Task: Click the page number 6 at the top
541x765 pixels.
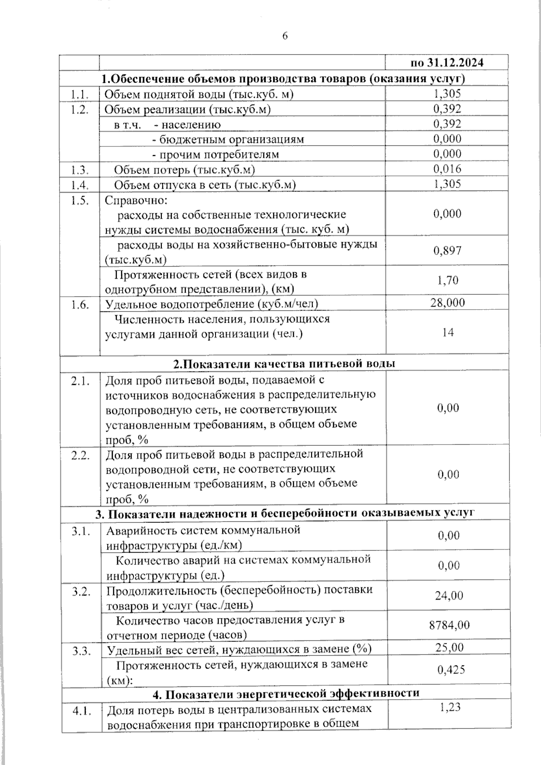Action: point(285,37)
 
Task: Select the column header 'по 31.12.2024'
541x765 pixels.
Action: point(447,63)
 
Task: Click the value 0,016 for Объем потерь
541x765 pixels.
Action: point(447,169)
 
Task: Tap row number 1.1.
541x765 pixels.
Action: point(79,94)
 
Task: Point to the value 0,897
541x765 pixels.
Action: point(447,251)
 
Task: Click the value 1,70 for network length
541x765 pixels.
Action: point(447,280)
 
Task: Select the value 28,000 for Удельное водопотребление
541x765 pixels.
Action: point(447,302)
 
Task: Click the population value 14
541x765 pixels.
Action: point(448,333)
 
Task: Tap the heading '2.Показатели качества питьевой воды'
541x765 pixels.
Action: point(284,364)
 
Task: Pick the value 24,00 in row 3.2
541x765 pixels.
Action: point(449,596)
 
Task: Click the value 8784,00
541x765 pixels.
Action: point(449,625)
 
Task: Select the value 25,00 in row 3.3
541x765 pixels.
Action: point(449,648)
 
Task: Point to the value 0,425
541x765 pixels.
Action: point(450,670)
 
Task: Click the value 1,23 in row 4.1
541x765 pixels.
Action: point(449,707)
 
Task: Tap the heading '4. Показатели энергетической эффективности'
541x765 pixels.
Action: point(286,693)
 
